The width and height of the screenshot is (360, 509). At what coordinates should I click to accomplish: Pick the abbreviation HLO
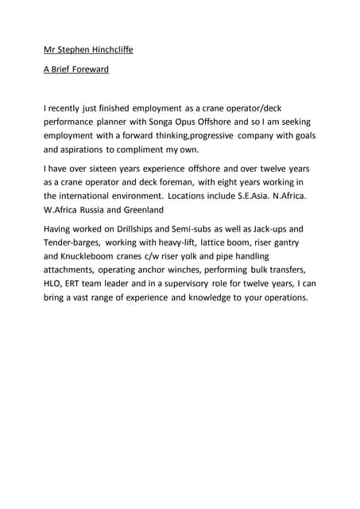coord(54,284)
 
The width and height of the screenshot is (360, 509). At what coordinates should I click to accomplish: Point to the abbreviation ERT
coord(83,284)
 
